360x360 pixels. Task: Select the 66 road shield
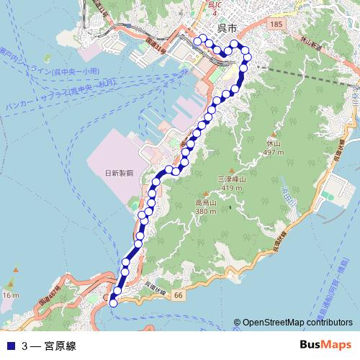point(179,295)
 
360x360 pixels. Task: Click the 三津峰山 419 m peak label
point(232,183)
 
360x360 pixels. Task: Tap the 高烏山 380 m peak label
point(206,207)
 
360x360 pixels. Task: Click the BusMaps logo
point(325,346)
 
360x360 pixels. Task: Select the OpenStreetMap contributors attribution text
point(297,323)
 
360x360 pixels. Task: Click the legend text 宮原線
point(59,346)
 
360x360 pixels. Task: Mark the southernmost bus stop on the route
point(113,303)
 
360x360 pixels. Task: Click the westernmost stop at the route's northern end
point(197,42)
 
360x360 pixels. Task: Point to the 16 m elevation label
point(10,295)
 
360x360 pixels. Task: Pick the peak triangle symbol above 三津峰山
point(232,170)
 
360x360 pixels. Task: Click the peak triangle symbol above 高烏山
point(206,194)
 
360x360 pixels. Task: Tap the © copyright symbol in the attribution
point(237,323)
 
